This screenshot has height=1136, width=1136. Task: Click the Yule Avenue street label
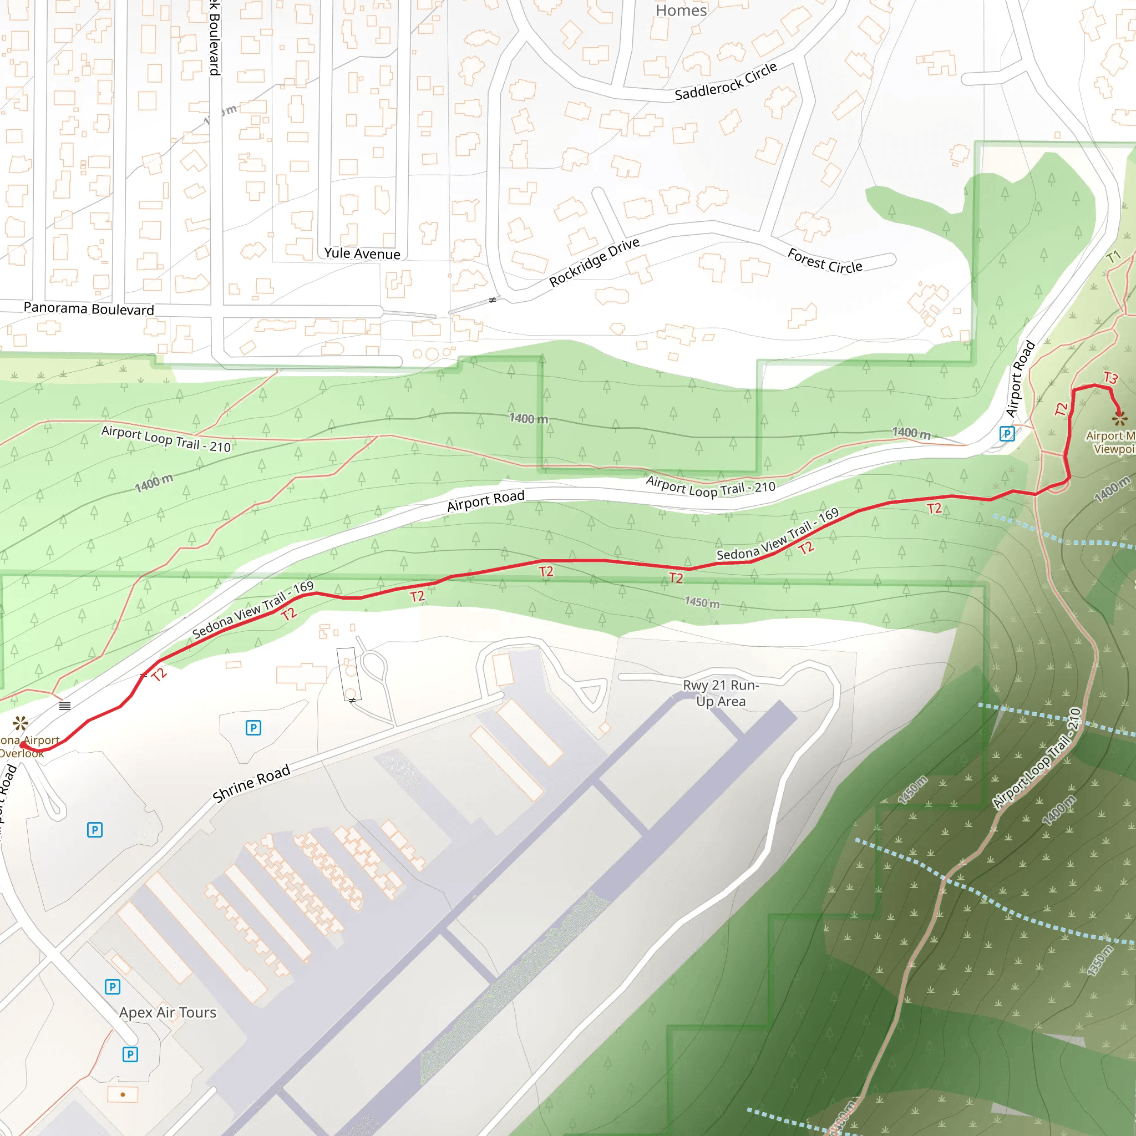[x=362, y=253]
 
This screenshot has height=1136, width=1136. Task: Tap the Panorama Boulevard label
[x=89, y=309]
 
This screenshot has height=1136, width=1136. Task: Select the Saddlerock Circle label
[x=726, y=82]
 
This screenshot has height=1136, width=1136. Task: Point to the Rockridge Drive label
[x=594, y=262]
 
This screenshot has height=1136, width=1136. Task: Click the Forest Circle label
[x=824, y=261]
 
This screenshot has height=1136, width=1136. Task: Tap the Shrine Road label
[x=251, y=783]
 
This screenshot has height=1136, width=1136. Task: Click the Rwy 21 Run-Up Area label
[x=721, y=693]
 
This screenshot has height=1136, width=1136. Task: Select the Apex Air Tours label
[x=168, y=1012]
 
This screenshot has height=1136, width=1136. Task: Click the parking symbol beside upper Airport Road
[x=1007, y=434]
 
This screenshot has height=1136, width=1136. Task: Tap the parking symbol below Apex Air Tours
[x=130, y=1054]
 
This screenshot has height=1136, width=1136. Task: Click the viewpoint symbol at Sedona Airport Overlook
[x=21, y=722]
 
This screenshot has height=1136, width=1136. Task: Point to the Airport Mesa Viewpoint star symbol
[x=1119, y=418]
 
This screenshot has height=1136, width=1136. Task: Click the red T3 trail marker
[x=1110, y=378]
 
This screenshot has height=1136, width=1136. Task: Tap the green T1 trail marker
[x=1113, y=257]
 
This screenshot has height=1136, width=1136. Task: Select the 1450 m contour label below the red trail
[x=702, y=602]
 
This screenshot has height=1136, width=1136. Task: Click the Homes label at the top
[x=681, y=11]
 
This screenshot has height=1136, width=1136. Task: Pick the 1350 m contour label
[x=1099, y=961]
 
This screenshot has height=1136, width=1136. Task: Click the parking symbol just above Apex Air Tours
[x=112, y=986]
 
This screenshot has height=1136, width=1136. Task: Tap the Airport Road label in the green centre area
[x=485, y=501]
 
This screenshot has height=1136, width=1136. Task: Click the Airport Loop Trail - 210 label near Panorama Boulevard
[x=166, y=439]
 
